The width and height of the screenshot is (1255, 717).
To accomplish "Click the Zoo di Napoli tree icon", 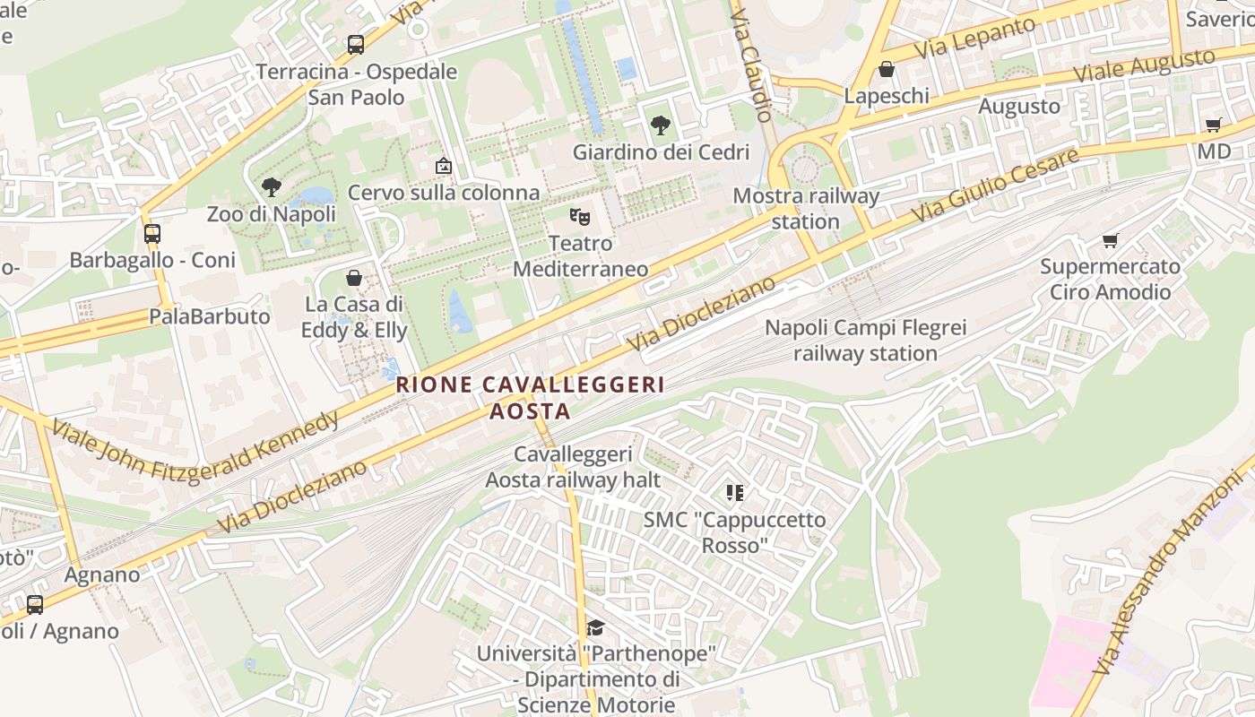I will pyautogui.click(x=272, y=187).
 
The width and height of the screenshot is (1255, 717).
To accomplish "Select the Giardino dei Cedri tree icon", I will pyautogui.click(x=661, y=125).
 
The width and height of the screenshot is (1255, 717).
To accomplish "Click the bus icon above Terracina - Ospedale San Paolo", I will pyautogui.click(x=356, y=44).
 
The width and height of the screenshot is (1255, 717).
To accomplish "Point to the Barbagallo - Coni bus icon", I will pyautogui.click(x=152, y=234).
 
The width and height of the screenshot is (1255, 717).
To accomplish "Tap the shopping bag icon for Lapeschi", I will pyautogui.click(x=887, y=69).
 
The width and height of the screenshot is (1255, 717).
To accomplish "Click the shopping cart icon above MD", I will pyautogui.click(x=1214, y=125).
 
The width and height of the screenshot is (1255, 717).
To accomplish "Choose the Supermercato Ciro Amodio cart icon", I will pyautogui.click(x=1111, y=240).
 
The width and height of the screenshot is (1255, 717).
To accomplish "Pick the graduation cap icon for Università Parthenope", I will pyautogui.click(x=595, y=627).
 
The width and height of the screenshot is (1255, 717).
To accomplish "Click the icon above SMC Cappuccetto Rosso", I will pyautogui.click(x=735, y=492).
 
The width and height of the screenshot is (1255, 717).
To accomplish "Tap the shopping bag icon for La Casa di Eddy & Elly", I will pyautogui.click(x=354, y=278).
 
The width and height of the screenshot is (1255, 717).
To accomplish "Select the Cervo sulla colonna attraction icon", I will pyautogui.click(x=443, y=166).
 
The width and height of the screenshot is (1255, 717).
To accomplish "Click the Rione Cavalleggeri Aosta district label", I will pyautogui.click(x=531, y=398).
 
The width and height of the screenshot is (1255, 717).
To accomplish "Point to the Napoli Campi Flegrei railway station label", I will pyautogui.click(x=865, y=341).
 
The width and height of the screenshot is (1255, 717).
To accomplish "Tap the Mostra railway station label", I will pyautogui.click(x=806, y=208).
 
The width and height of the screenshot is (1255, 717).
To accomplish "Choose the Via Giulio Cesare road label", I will pyautogui.click(x=995, y=186).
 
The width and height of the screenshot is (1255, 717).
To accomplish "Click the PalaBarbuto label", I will pyautogui.click(x=209, y=316).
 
